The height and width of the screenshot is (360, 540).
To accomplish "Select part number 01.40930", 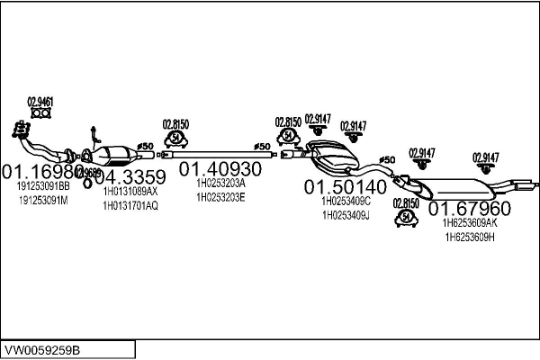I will [220, 168].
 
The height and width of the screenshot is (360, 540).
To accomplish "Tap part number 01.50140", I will [345, 187].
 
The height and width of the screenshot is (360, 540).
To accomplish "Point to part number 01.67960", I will [469, 209].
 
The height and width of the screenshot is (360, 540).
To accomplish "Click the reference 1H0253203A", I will [220, 184].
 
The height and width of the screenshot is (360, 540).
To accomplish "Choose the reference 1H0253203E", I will [220, 197].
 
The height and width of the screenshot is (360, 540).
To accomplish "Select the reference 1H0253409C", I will [346, 202].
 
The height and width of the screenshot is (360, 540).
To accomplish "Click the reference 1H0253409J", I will [346, 215].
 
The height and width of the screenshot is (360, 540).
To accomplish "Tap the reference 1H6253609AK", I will [470, 223].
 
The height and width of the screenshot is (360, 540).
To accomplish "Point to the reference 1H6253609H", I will [470, 237].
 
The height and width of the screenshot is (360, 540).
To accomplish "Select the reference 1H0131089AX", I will [130, 192].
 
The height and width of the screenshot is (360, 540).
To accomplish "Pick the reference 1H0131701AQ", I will [130, 205].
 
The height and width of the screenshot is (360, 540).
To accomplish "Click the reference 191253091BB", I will [43, 185].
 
